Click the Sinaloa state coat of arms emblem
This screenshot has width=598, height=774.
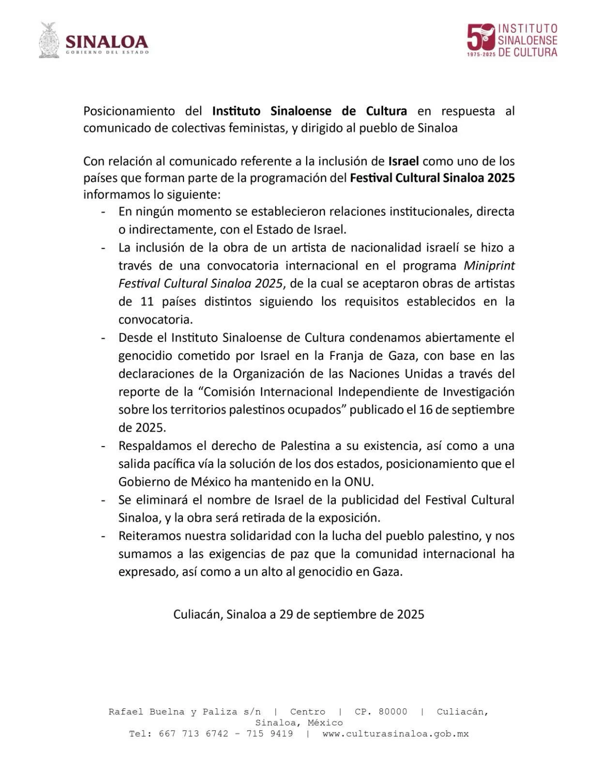point(49,41)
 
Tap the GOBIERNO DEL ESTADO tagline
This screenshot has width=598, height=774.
point(107,52)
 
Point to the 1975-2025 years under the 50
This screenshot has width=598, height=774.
point(481,54)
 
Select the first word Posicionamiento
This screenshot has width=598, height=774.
point(129,111)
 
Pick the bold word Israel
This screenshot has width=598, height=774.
point(404,161)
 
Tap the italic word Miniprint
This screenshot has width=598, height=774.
point(489,266)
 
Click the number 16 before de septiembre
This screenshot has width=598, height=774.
point(426,410)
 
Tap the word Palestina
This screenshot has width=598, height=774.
point(305,446)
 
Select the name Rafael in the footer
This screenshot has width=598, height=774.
point(126,712)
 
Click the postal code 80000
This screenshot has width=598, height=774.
point(393,712)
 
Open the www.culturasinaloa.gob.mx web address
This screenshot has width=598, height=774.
point(395,734)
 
